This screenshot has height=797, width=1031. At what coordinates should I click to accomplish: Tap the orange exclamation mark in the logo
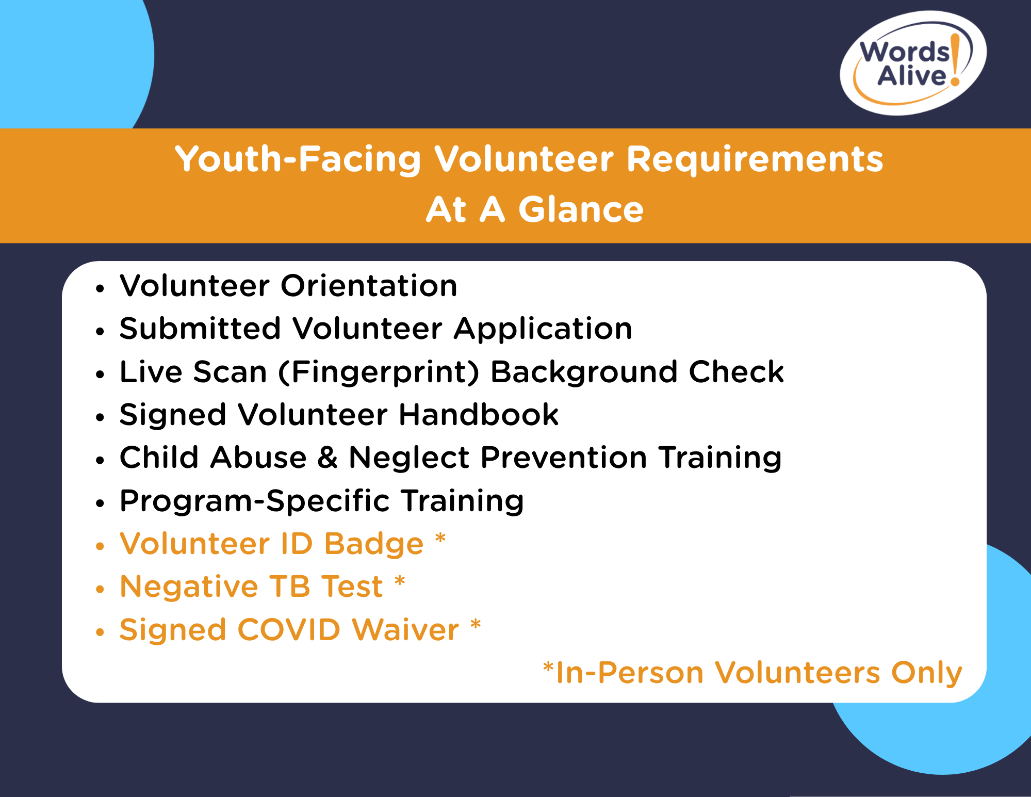pyautogui.click(x=955, y=59)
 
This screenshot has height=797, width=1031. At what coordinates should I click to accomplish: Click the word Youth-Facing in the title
pyautogui.click(x=298, y=159)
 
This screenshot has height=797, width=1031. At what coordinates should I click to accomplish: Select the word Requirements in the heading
pyautogui.click(x=755, y=159)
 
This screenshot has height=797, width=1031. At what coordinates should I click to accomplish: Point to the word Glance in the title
pyautogui.click(x=581, y=209)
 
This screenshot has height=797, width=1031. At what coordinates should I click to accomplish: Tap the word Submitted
pyautogui.click(x=200, y=329)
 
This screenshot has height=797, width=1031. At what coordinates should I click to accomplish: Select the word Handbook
pyautogui.click(x=479, y=414)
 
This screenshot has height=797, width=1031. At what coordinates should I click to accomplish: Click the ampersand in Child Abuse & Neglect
pyautogui.click(x=328, y=458)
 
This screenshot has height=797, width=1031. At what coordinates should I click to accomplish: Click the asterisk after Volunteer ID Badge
pyautogui.click(x=440, y=539)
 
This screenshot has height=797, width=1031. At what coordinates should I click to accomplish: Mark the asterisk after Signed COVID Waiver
pyautogui.click(x=476, y=625)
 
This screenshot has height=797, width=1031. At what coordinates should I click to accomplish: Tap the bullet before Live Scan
pyautogui.click(x=100, y=375)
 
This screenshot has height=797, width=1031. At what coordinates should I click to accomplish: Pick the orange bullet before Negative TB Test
pyautogui.click(x=100, y=589)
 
